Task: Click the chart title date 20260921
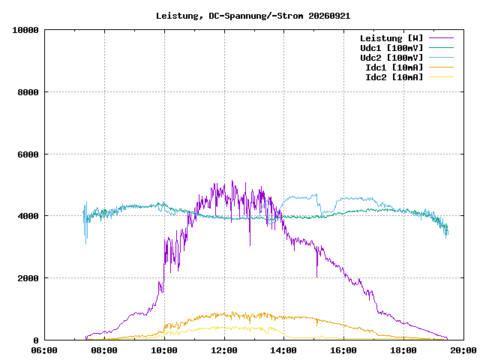point(329,16)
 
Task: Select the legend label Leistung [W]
point(391,38)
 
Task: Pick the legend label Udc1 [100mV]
point(391,48)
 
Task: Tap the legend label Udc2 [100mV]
point(391,58)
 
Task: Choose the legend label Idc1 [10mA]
point(394,67)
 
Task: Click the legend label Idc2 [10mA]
point(394,77)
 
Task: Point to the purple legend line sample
point(441,38)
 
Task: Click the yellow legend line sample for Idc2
point(441,76)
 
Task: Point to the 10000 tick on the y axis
point(25,30)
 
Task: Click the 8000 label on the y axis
point(28,92)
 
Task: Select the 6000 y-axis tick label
point(28,154)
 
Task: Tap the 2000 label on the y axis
point(28,278)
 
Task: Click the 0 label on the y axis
point(36,340)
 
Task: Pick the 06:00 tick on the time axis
point(44,350)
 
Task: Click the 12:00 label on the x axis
point(224,350)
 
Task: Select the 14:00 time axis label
point(283,350)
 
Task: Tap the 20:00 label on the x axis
point(463,350)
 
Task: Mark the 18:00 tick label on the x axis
point(403,350)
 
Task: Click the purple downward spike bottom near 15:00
point(316,277)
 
